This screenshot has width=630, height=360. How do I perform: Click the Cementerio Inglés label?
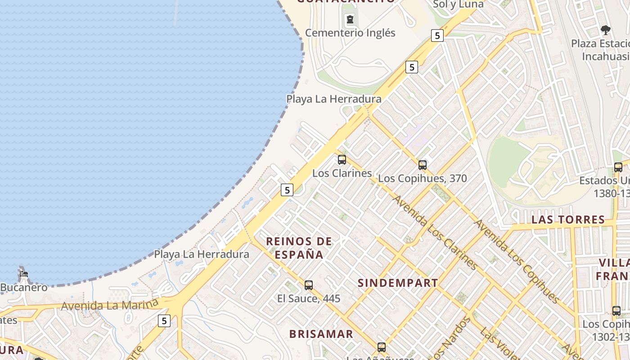[350, 33]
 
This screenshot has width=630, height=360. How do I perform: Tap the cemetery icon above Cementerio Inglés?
[350, 19]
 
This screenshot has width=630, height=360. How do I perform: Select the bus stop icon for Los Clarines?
[342, 160]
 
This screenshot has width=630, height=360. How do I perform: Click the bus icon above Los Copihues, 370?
[422, 165]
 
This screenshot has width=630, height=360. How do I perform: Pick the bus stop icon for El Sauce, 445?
[309, 285]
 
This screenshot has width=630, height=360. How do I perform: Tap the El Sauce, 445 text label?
[309, 298]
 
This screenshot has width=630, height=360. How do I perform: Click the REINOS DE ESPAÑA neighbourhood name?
[299, 248]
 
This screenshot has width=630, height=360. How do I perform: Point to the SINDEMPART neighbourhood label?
[398, 283]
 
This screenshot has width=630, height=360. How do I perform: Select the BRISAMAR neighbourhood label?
[321, 334]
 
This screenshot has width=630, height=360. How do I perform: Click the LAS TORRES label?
[568, 220]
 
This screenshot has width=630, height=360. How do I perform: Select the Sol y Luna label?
[458, 4]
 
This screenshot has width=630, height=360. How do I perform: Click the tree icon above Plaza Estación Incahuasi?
[606, 30]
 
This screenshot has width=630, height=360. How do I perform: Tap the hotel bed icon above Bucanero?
[23, 274]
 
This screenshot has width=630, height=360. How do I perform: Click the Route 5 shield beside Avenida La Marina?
[164, 321]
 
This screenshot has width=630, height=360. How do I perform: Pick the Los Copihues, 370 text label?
[423, 178]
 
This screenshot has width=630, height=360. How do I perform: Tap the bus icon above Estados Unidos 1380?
[618, 167]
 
